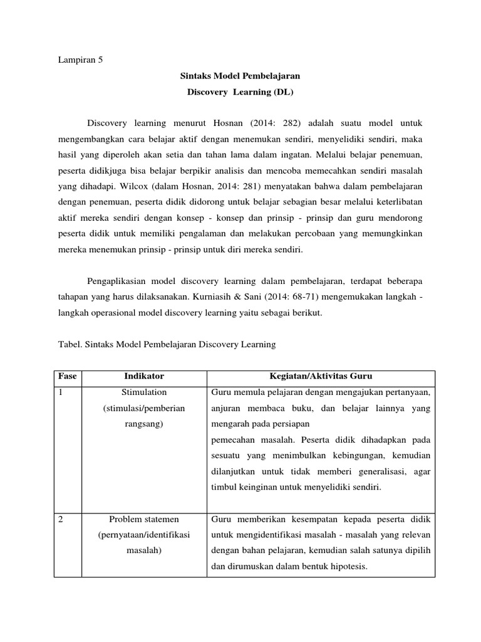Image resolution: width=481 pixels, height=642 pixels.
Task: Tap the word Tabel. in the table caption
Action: point(65,344)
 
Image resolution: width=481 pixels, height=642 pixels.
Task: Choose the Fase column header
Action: point(68,376)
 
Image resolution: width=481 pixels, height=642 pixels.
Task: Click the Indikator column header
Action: point(144,376)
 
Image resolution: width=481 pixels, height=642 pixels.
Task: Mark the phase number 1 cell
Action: point(61,392)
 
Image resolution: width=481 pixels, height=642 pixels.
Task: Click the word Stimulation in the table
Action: point(144,392)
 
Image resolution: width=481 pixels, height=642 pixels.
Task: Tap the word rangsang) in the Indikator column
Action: point(144,424)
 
